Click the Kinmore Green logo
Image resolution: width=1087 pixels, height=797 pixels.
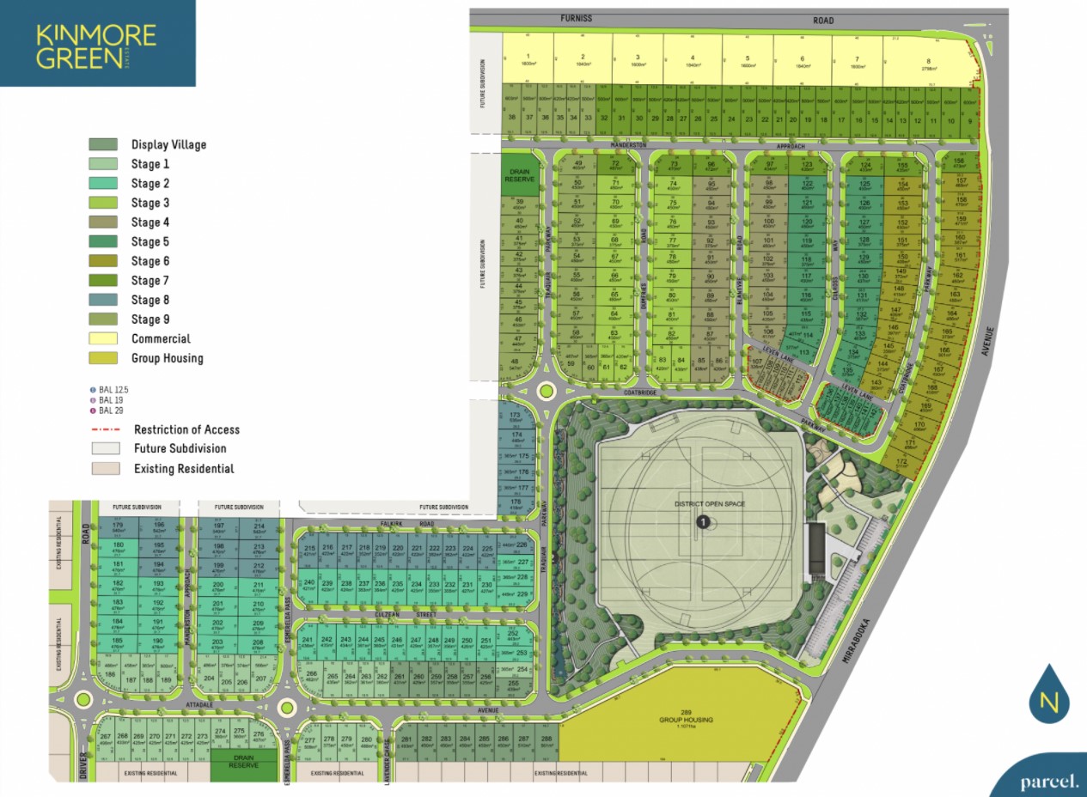96,45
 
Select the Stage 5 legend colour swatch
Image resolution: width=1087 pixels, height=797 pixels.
103,241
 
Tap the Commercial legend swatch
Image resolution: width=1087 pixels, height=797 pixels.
103,338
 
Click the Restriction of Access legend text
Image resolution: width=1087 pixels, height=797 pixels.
186,429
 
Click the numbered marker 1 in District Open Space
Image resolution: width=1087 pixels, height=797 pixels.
702,521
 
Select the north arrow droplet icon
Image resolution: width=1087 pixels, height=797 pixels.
1048,694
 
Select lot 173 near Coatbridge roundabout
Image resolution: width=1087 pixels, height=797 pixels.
516,418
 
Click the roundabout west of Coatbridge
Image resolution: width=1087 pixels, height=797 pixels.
545,392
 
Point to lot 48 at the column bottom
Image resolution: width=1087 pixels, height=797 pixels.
516,364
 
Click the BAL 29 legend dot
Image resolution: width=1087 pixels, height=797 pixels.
94,411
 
